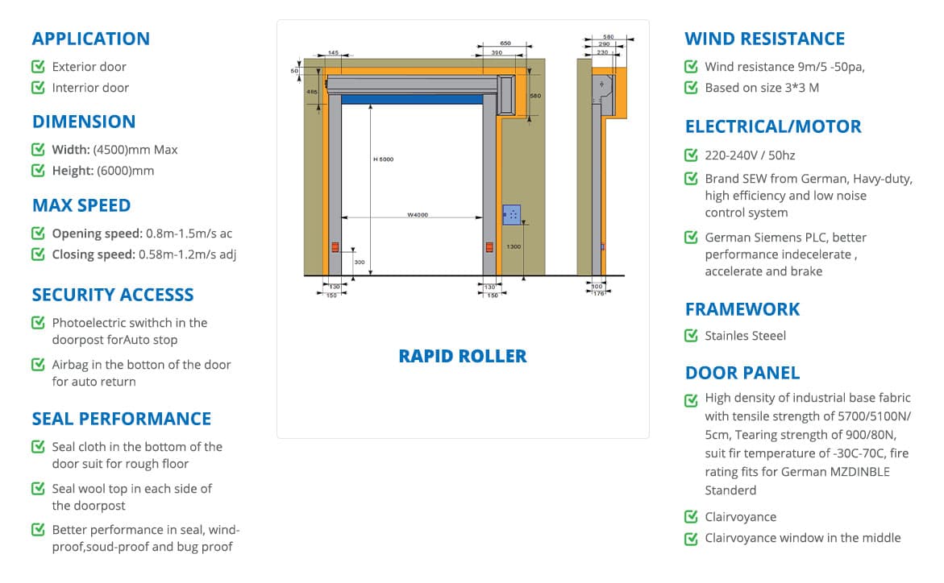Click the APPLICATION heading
click(90, 39)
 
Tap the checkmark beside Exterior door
click(38, 67)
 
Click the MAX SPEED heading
click(81, 205)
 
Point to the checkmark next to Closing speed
click(38, 254)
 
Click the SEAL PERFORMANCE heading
click(121, 419)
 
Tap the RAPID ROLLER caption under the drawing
click(462, 356)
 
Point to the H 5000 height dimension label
click(383, 159)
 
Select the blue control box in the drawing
click(511, 214)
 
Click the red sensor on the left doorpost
click(335, 247)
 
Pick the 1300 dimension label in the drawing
click(514, 247)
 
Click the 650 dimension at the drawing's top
click(505, 43)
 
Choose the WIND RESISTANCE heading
click(764, 39)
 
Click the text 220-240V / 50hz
click(750, 155)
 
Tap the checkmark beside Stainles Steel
click(691, 336)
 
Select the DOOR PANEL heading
click(742, 373)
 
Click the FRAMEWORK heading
click(742, 309)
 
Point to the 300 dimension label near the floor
click(359, 263)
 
